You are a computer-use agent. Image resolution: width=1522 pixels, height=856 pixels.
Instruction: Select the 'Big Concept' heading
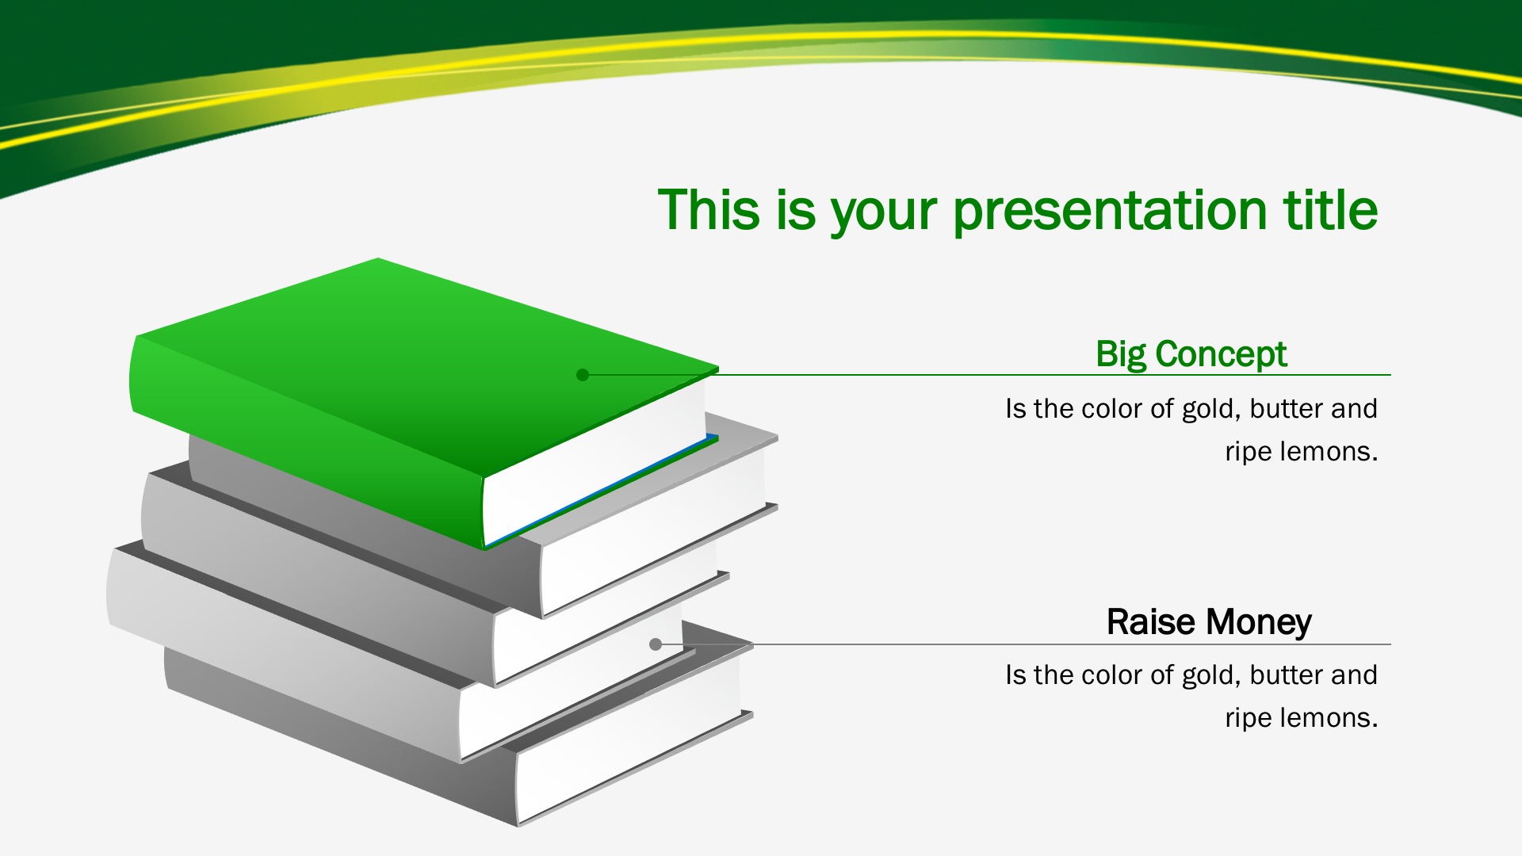1191,354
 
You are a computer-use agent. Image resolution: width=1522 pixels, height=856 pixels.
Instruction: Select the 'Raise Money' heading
1209,622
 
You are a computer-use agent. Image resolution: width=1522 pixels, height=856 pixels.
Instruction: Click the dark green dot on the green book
583,375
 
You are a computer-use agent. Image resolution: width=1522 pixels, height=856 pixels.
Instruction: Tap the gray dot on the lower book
656,644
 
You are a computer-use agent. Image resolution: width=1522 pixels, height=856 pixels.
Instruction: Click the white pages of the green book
595,460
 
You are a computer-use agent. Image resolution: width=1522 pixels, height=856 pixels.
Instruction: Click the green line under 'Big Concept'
987,375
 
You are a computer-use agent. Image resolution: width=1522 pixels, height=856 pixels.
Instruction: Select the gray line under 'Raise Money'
1023,644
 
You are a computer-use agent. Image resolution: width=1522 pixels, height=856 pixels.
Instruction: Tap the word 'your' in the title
883,214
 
